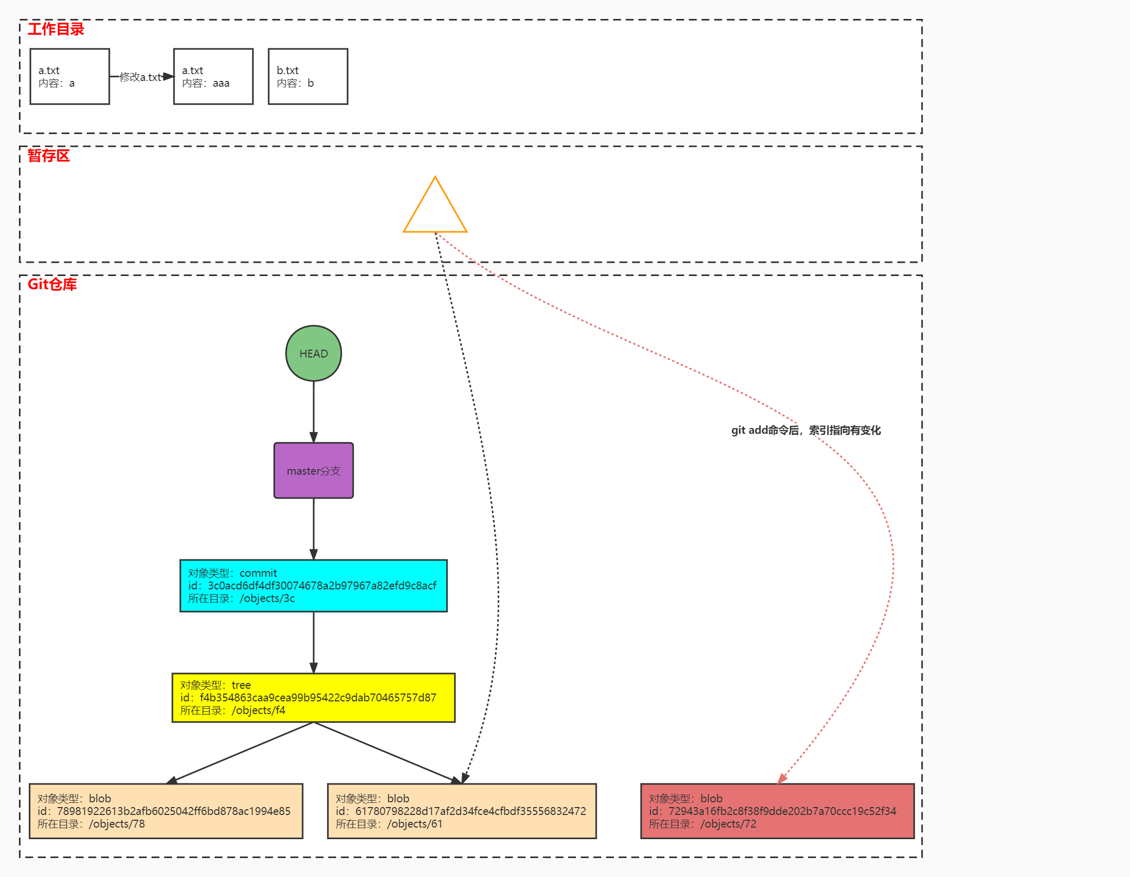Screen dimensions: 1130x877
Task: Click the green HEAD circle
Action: pos(314,353)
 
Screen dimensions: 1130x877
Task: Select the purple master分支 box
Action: pos(314,471)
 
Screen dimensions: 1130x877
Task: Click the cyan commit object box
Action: pos(314,586)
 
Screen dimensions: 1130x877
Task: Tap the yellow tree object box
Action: pos(314,698)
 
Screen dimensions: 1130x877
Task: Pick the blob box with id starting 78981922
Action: pos(166,811)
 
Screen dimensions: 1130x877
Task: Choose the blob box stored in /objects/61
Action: pos(462,811)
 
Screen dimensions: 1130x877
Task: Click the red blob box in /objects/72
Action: pos(778,811)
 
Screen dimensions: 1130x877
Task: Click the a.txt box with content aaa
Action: pos(214,77)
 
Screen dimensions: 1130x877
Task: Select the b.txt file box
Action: pos(308,77)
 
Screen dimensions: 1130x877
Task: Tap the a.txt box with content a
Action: pos(70,77)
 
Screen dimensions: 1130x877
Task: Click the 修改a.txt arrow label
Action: pos(140,77)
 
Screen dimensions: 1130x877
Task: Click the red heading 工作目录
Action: pos(56,29)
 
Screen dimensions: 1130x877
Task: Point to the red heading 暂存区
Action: pos(48,156)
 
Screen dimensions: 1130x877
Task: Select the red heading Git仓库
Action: pos(52,284)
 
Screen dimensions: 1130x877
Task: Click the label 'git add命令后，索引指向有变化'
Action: pos(806,430)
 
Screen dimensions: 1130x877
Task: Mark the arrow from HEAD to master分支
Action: pos(314,412)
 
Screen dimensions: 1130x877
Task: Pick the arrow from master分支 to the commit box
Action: pos(314,529)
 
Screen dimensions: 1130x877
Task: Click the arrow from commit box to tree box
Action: pos(314,643)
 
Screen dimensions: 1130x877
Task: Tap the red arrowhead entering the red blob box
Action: pos(782,779)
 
